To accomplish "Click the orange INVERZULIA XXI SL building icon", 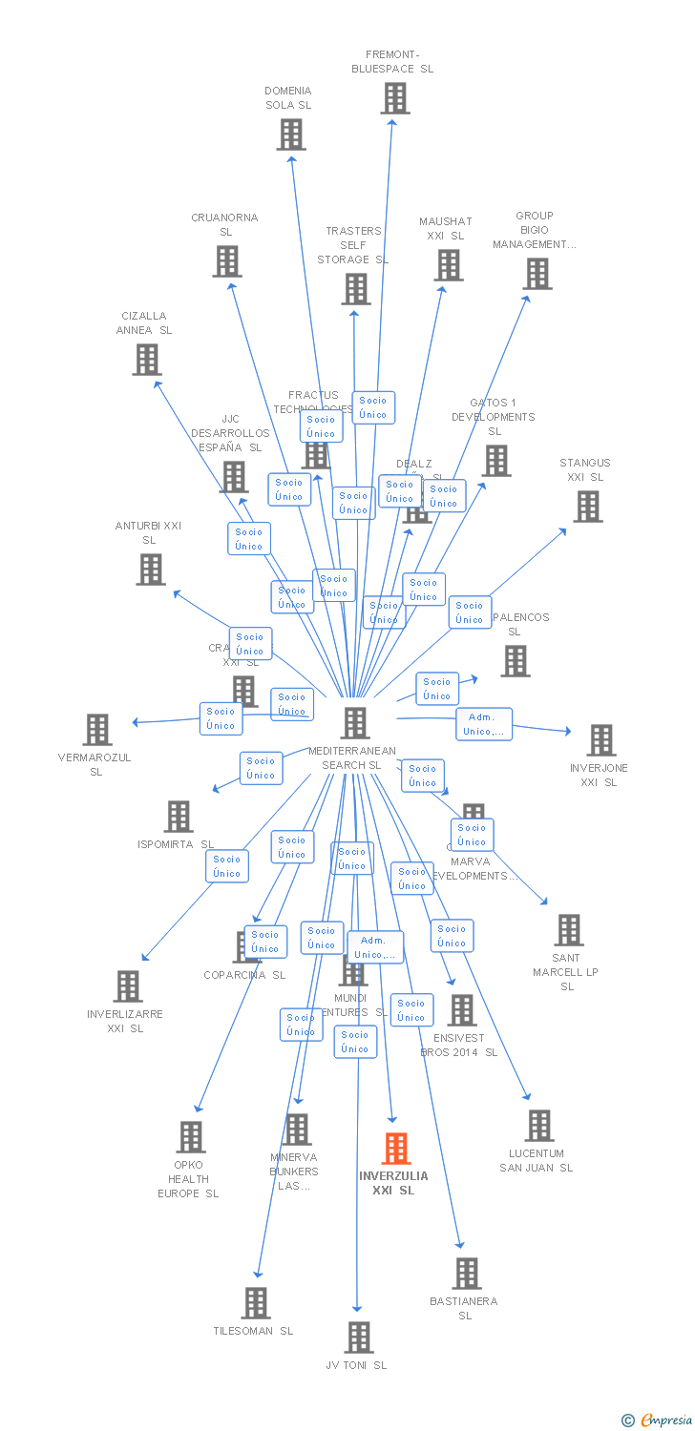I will click(x=396, y=1149).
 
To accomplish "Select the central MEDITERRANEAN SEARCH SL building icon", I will click(x=355, y=723).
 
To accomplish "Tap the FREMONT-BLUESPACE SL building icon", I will click(x=394, y=98).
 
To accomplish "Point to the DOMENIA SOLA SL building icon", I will click(x=291, y=135).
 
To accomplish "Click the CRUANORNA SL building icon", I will click(x=227, y=261).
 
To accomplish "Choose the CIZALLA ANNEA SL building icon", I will click(x=146, y=360).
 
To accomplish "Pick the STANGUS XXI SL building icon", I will click(x=588, y=507).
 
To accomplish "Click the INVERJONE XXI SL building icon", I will click(x=601, y=740).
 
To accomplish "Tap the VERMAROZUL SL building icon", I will click(x=97, y=730).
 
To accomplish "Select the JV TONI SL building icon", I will click(x=359, y=1338).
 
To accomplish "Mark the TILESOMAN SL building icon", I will click(x=256, y=1303).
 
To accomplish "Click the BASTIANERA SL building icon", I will click(x=467, y=1274).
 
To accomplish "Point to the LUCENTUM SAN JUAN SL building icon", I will click(x=539, y=1126).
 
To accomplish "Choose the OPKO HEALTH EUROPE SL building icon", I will click(x=191, y=1137).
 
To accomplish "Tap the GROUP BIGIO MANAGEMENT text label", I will click(x=535, y=230).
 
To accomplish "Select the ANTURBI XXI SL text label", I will click(x=148, y=532).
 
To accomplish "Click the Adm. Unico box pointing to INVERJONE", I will click(x=484, y=724).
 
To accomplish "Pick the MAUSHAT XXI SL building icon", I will click(x=448, y=265).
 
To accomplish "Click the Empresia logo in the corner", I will click(x=658, y=1421).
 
